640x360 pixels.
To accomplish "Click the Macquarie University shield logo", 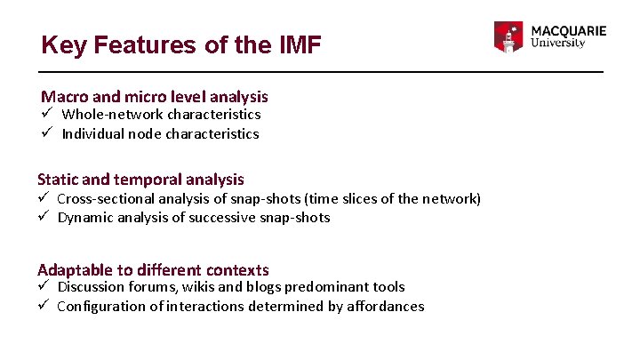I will [x=509, y=37].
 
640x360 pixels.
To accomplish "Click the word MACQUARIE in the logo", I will [x=569, y=30].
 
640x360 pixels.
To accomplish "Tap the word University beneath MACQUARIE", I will [x=557, y=44].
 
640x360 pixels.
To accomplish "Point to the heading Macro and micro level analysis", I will [x=155, y=96].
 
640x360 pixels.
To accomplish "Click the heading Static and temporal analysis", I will [x=140, y=180].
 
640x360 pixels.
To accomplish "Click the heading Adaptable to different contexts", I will [x=153, y=269].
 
